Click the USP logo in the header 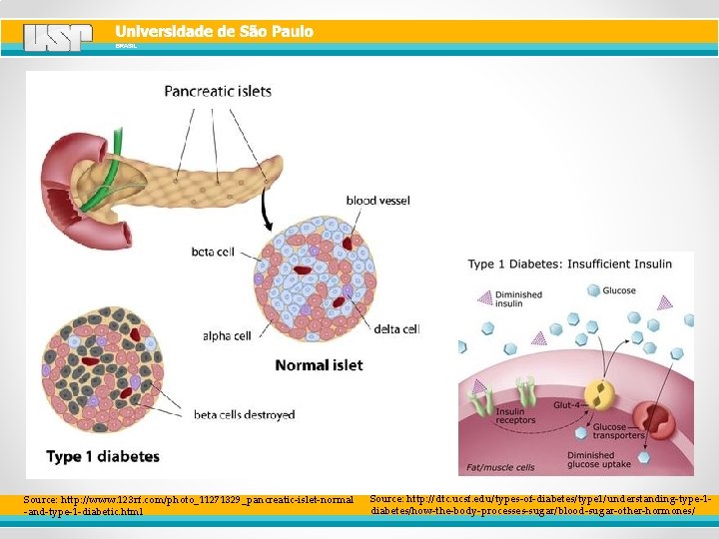(58, 38)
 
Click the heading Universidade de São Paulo (214, 31)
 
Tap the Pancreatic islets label (218, 91)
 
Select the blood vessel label (377, 201)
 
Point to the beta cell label (213, 253)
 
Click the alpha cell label (227, 336)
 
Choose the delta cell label (396, 328)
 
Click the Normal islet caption (319, 365)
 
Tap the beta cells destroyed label (244, 415)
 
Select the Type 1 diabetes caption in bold (103, 457)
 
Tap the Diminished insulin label (519, 299)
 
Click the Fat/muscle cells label (501, 466)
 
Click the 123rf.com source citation (188, 504)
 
